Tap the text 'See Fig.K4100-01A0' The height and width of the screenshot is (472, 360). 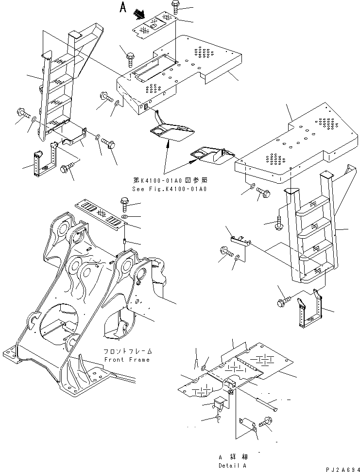(170, 189)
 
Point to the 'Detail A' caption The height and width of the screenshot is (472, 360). (232, 465)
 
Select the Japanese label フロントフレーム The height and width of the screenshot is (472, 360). (127, 351)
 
